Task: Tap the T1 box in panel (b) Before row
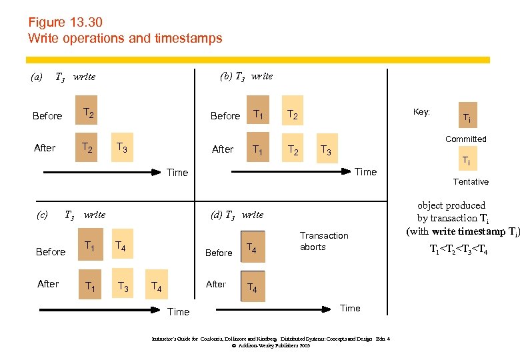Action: click(x=257, y=115)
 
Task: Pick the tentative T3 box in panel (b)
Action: click(x=326, y=151)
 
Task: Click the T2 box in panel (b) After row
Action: click(x=292, y=150)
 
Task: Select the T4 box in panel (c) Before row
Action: click(x=121, y=246)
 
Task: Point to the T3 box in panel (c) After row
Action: click(x=123, y=287)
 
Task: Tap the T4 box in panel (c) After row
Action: click(x=156, y=287)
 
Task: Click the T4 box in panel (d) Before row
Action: click(x=251, y=247)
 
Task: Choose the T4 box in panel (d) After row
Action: click(x=251, y=287)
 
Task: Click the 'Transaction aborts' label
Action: click(x=324, y=241)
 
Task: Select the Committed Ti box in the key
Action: click(x=467, y=117)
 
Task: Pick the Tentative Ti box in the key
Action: click(x=467, y=160)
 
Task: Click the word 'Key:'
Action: click(x=421, y=112)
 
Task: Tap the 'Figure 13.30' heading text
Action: click(x=65, y=23)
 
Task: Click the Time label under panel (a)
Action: click(x=177, y=173)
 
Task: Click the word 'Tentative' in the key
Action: click(x=471, y=182)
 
